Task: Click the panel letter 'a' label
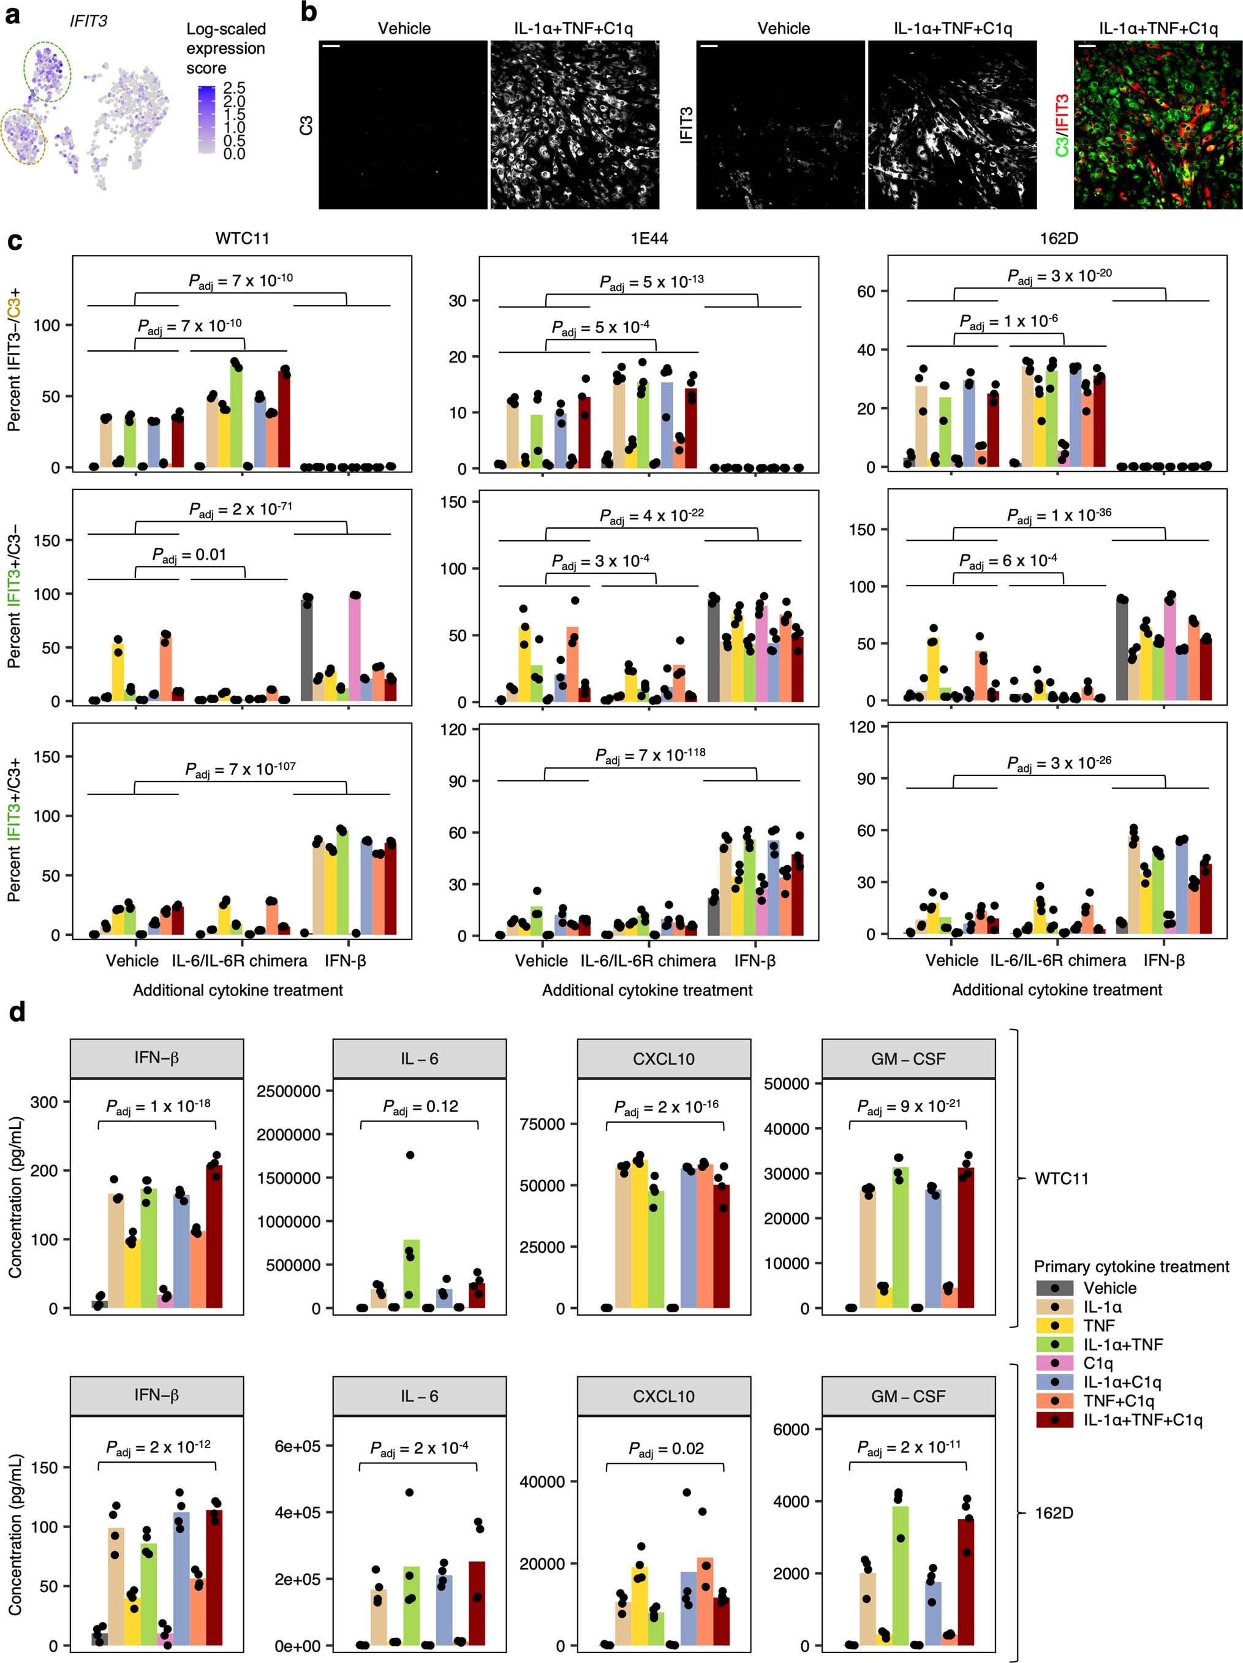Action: (12, 15)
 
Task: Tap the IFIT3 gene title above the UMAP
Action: (89, 21)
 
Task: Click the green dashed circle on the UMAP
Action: (47, 72)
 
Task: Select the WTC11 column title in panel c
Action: (241, 238)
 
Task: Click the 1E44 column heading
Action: (649, 238)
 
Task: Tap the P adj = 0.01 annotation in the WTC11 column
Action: (189, 555)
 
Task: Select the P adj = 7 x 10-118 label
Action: (651, 755)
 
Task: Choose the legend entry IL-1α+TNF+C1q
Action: (1143, 1419)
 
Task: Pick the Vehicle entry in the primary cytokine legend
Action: (1109, 1288)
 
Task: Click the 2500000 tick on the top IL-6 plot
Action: (288, 1091)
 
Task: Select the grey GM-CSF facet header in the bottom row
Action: (909, 1396)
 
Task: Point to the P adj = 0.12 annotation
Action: (420, 1107)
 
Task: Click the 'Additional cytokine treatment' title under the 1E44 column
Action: (647, 990)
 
